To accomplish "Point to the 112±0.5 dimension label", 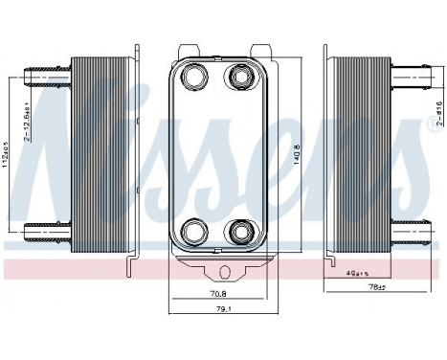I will (7, 153).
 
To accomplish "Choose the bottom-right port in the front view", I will (238, 229).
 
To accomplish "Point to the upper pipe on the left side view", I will (45, 73).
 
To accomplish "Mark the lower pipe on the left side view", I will (45, 229).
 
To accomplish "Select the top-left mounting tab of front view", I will (188, 48).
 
